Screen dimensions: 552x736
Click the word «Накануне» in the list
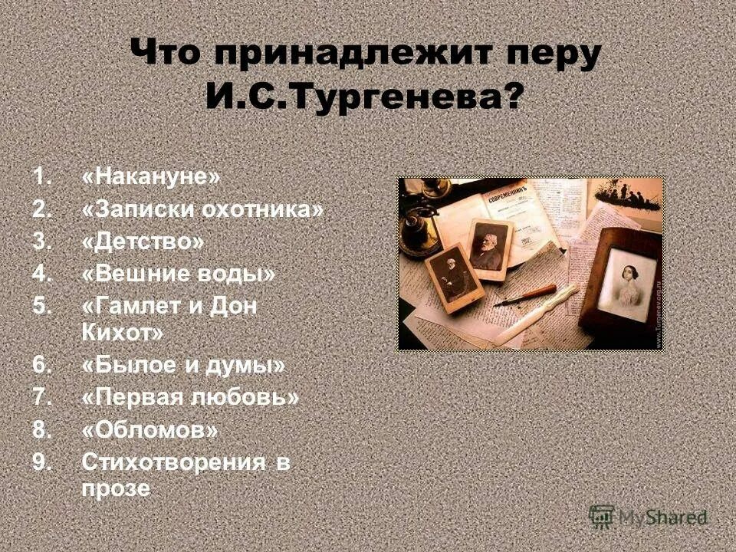(x=150, y=177)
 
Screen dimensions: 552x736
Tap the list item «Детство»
(x=143, y=242)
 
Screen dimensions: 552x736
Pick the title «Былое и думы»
(x=182, y=366)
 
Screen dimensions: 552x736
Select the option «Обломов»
(x=149, y=430)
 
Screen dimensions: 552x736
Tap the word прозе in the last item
(x=116, y=489)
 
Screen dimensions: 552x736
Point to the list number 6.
(x=41, y=366)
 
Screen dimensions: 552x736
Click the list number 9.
(x=41, y=462)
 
